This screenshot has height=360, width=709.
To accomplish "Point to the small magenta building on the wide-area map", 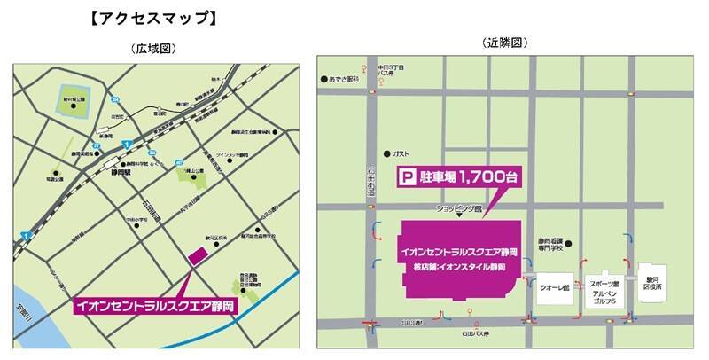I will point(197,255).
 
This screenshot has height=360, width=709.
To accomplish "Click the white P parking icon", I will point(408,178).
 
